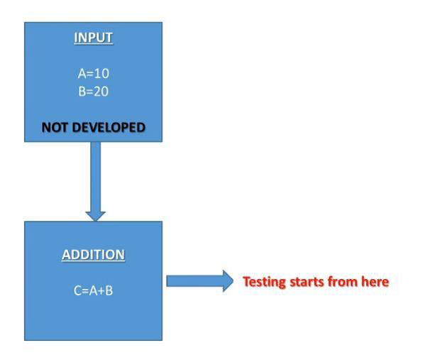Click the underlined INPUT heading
pos(93,38)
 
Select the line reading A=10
pos(93,73)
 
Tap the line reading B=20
pos(93,91)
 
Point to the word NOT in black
pos(56,128)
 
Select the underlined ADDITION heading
pos(93,255)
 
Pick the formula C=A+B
pos(93,290)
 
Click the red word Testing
pos(265,282)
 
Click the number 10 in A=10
pos(102,73)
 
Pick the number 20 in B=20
pos(102,91)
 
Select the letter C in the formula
pos(77,290)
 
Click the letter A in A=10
pos(81,73)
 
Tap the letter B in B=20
pos(81,91)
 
